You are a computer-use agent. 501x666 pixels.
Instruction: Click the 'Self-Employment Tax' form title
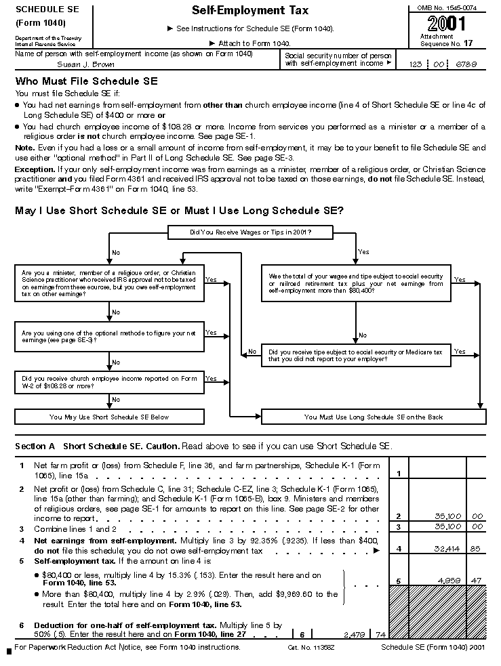[250, 11]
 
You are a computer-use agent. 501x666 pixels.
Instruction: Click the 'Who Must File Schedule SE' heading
[86, 81]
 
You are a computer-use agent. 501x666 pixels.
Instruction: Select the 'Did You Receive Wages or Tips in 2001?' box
[251, 233]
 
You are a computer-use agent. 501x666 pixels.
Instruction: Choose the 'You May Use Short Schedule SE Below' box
[108, 417]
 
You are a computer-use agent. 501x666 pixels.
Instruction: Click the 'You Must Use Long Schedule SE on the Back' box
[374, 417]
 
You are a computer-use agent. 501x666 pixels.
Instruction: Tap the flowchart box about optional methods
[108, 336]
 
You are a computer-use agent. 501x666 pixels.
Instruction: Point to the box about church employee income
[108, 382]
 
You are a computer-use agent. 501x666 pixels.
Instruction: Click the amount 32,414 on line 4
[445, 550]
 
